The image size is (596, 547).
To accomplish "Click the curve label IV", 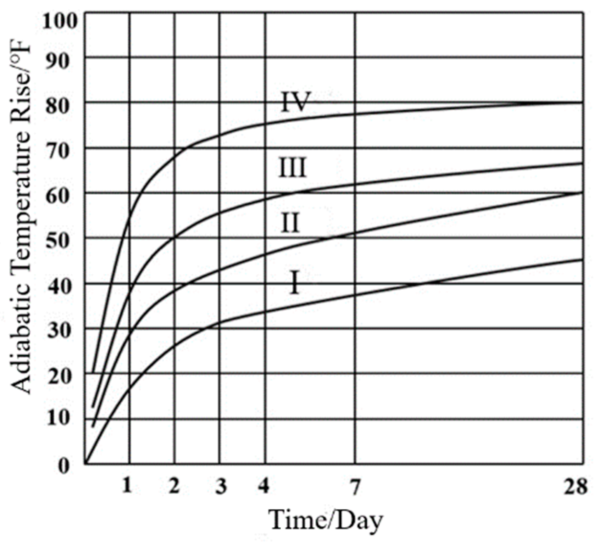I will pos(296,102).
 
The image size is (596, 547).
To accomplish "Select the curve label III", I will pos(293,169).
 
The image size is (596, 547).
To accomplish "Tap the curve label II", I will pos(290,223).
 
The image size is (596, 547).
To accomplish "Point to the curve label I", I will pos(295,283).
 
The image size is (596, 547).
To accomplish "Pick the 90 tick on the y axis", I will pos(65,60).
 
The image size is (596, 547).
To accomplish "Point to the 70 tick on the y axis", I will pos(65,150).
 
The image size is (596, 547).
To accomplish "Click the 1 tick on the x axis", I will pos(127,487).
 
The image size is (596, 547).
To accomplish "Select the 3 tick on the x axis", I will pos(220,487).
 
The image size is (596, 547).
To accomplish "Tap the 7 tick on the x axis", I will pos(355,487).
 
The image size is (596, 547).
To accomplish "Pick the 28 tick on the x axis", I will pos(575,487).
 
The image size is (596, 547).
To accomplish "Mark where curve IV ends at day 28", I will pos(582,103).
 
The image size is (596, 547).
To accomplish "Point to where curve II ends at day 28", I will pos(582,192).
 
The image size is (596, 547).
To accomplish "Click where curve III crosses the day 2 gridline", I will pos(174,237).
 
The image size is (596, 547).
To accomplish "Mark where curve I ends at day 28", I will pos(582,259).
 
